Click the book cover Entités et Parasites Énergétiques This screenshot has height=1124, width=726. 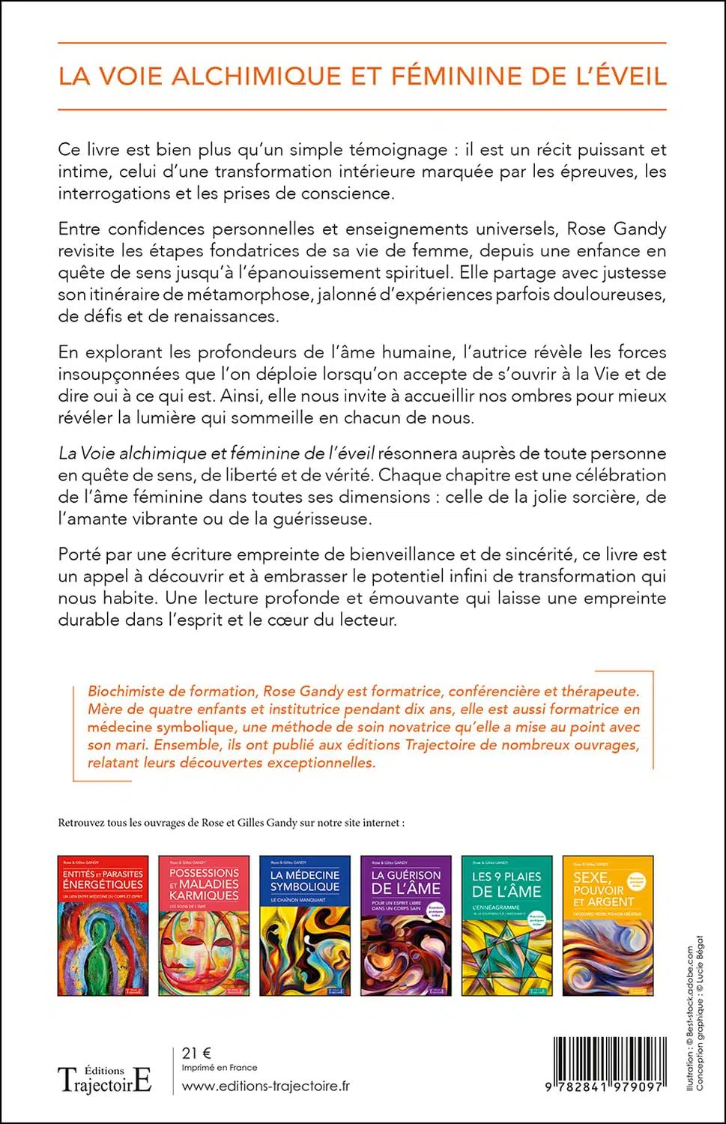point(103,925)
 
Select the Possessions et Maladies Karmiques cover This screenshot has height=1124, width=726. point(204,925)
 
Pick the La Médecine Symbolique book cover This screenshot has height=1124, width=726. point(305,925)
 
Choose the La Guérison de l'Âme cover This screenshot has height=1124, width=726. point(406,925)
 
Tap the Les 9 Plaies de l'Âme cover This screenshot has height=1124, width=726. point(506,925)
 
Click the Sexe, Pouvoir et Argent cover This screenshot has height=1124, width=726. point(608,925)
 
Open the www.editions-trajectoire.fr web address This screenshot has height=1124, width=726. point(266,1086)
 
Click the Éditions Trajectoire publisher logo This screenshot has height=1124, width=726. point(105,1079)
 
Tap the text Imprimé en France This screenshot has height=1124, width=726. point(220,1068)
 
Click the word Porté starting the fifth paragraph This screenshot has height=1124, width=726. point(78,555)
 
